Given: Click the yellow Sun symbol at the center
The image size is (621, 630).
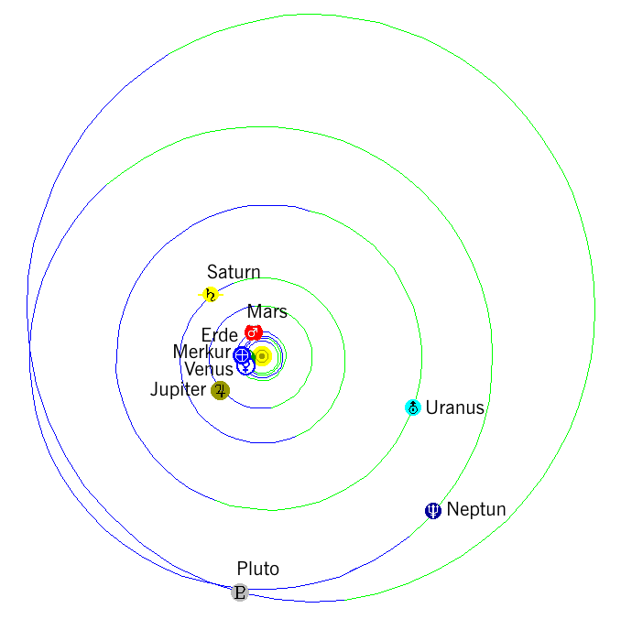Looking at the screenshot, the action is [x=262, y=356].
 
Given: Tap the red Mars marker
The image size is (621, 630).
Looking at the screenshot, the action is [x=253, y=332].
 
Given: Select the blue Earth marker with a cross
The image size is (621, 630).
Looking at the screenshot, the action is [x=242, y=354].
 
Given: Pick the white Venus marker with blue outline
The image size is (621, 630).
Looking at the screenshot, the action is [x=245, y=366].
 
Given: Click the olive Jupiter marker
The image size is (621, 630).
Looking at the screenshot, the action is [x=220, y=390].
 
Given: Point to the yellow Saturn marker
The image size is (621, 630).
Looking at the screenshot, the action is [x=211, y=295].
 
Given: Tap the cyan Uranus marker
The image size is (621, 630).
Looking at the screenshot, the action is [x=413, y=407].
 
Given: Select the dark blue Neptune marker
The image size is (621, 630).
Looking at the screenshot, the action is [x=433, y=511].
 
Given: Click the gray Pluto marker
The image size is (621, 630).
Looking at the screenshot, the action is [x=240, y=592].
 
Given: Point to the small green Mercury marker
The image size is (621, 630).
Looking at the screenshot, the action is [x=253, y=356].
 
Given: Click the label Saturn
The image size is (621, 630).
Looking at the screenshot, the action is [x=234, y=272].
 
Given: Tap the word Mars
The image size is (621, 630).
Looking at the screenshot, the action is [x=267, y=311].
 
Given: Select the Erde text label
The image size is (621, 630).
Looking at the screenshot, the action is [x=220, y=335].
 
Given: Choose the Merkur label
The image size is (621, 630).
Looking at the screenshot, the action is [x=202, y=352].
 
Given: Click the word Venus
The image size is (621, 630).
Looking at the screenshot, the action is [x=209, y=369].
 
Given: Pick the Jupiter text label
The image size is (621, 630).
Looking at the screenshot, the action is [x=178, y=390].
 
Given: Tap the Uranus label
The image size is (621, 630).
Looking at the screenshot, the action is [x=454, y=407].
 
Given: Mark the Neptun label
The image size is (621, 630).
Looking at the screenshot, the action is [x=476, y=509].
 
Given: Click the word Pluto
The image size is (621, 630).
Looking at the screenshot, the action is [x=258, y=569].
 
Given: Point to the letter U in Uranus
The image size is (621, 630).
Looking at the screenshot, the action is [x=431, y=407].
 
